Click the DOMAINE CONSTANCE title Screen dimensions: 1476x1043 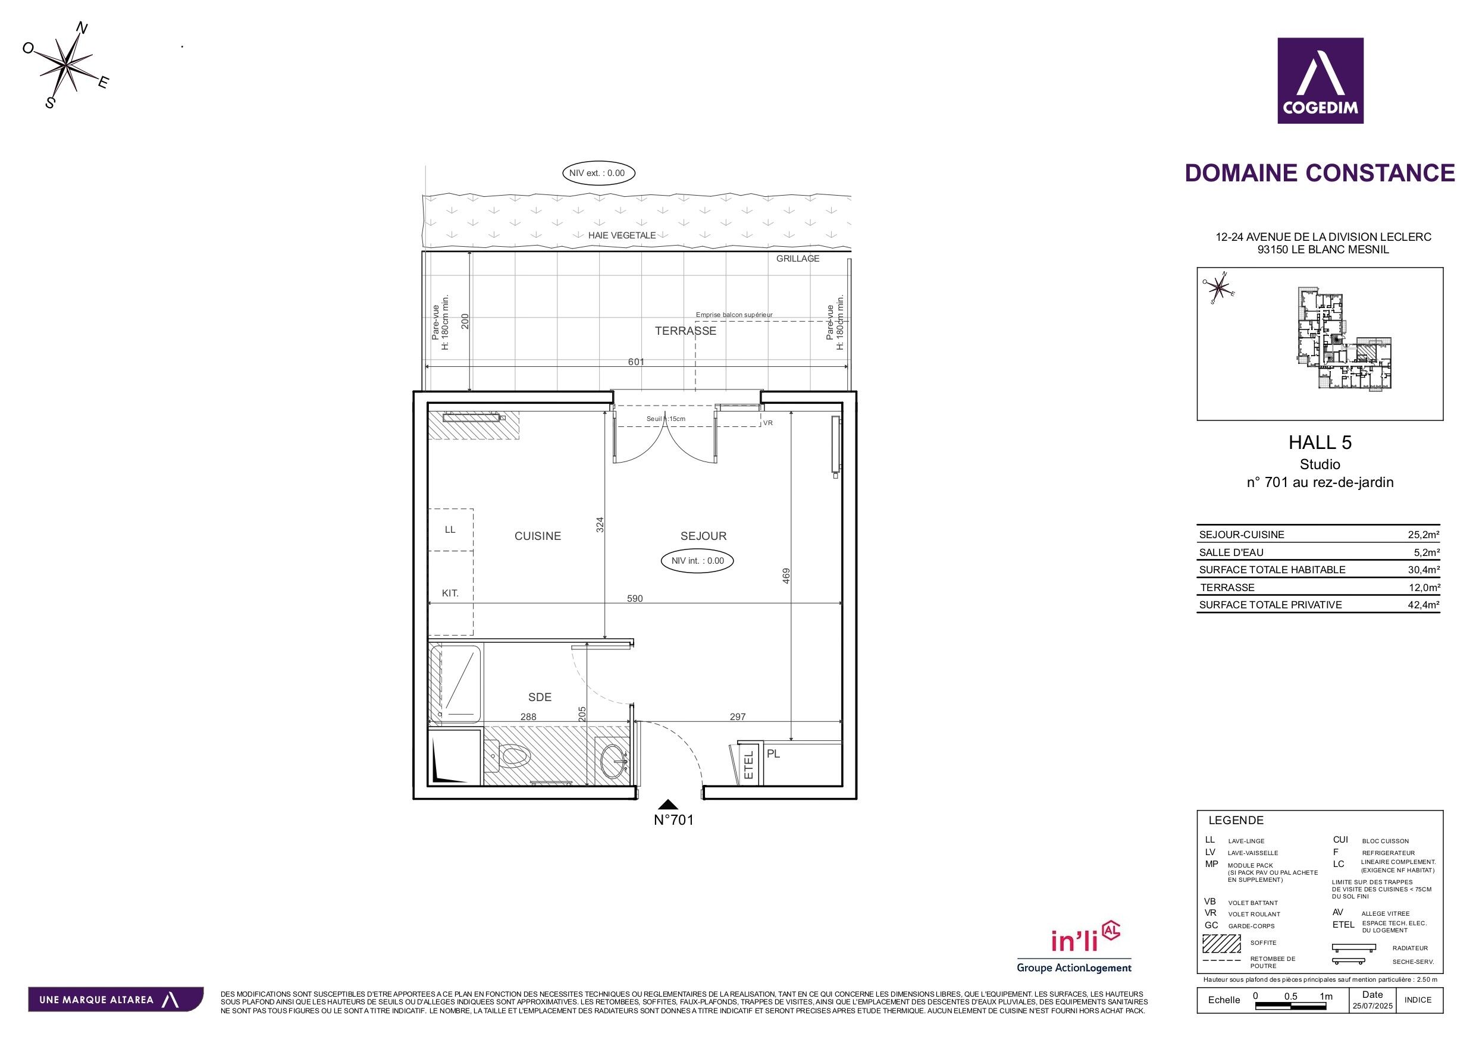pos(1320,173)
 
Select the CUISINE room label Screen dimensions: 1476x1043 pos(537,536)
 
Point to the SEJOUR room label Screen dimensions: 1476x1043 pos(703,536)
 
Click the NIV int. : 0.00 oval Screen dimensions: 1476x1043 pos(697,560)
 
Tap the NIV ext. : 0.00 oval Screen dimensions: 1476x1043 pos(598,173)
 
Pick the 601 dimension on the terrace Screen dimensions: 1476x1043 pos(636,362)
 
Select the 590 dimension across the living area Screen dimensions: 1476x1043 pos(635,598)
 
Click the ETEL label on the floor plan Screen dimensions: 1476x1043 pos(748,765)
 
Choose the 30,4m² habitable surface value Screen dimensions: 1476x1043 pos(1423,570)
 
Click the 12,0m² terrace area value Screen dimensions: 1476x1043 pos(1423,588)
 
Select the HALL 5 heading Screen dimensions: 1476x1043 pos(1320,442)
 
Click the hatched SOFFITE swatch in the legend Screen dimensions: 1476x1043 pos(1221,943)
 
